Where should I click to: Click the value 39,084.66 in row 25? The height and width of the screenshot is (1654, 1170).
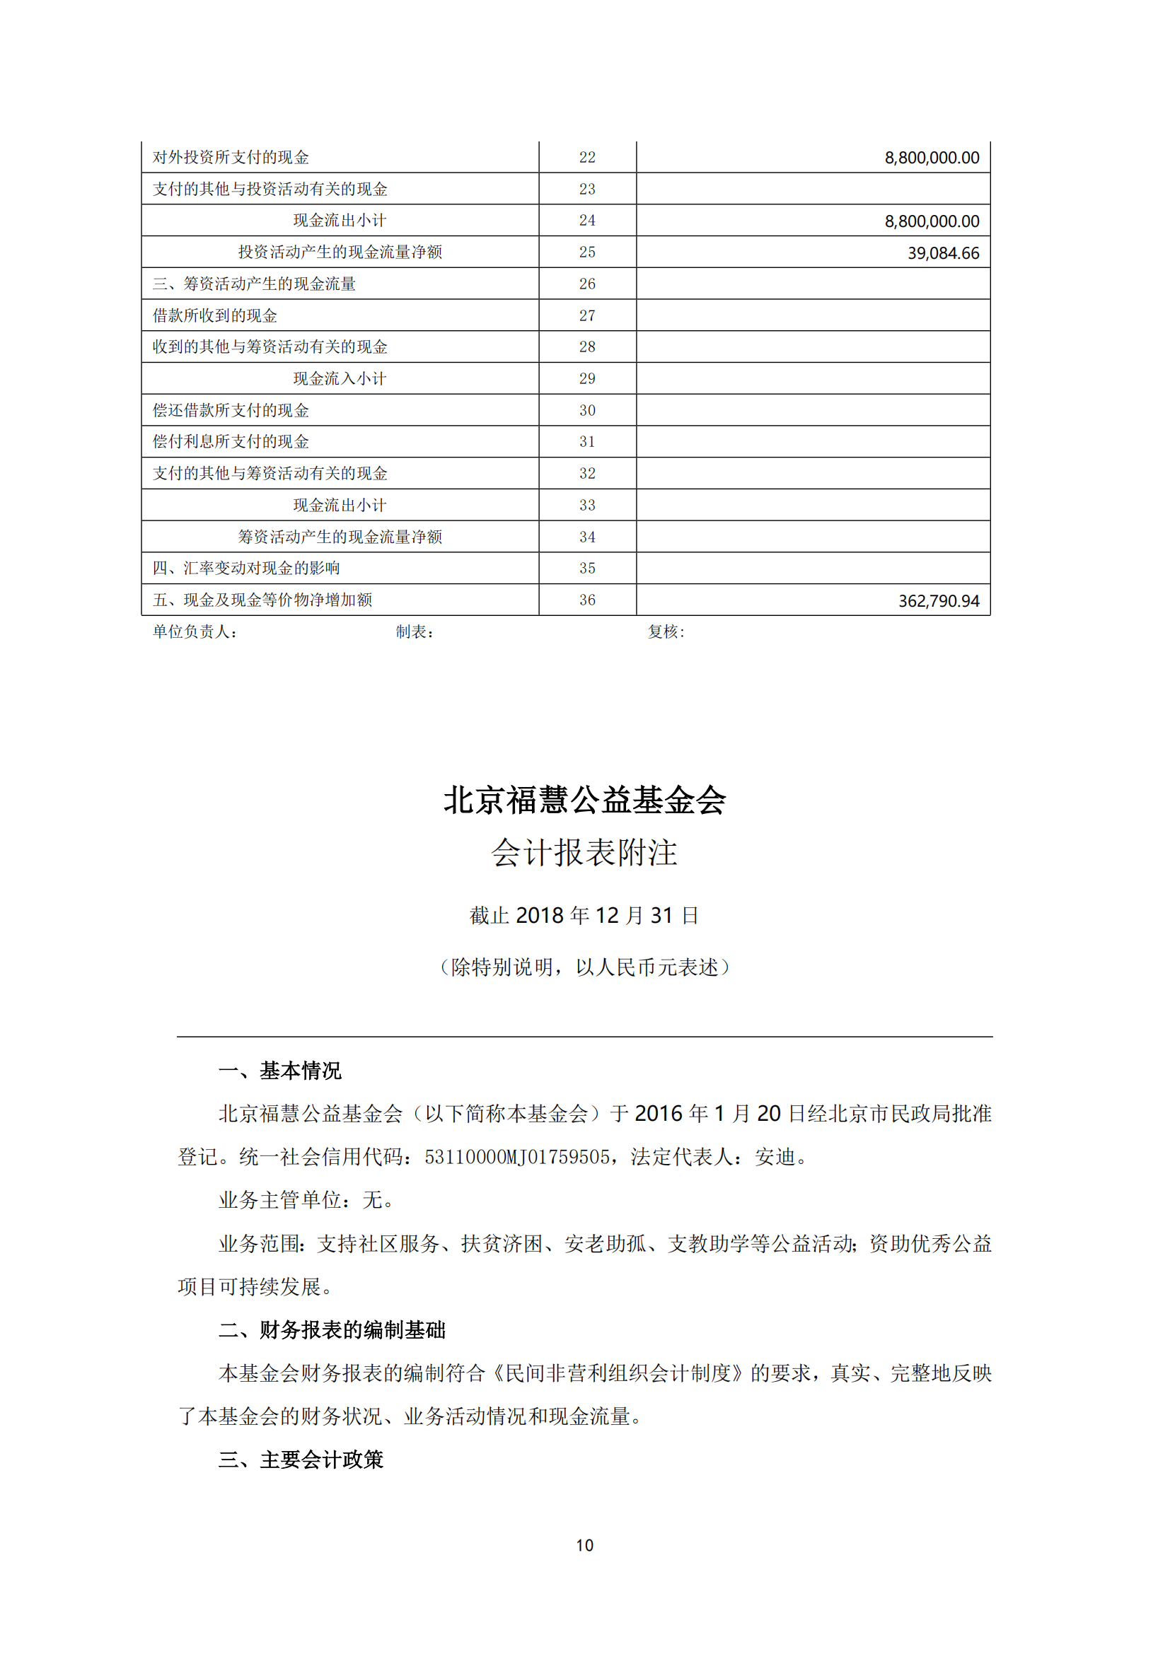942,253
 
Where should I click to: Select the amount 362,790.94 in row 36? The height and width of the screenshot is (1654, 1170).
938,601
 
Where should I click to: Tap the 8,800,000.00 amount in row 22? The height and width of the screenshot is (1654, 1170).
932,158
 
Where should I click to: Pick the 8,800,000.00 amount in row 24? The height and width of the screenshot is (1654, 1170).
932,221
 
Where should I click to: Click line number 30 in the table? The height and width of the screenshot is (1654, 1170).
587,411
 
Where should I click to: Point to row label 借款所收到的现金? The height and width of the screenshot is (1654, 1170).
215,315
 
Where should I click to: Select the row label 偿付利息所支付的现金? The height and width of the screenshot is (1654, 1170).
231,441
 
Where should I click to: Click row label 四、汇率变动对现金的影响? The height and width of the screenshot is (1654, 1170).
245,569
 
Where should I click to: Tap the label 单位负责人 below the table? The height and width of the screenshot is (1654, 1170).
194,631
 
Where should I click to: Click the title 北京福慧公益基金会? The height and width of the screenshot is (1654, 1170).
584,800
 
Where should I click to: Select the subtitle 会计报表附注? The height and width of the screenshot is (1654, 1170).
584,853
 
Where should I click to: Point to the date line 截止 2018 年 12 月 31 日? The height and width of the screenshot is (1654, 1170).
584,916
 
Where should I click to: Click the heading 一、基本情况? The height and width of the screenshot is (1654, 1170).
280,1071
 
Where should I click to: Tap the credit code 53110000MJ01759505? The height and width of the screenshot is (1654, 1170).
516,1158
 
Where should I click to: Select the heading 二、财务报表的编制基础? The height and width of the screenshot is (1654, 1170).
332,1331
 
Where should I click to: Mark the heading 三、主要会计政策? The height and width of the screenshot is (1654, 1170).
301,1460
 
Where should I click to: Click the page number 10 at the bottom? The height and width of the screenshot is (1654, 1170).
584,1545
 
